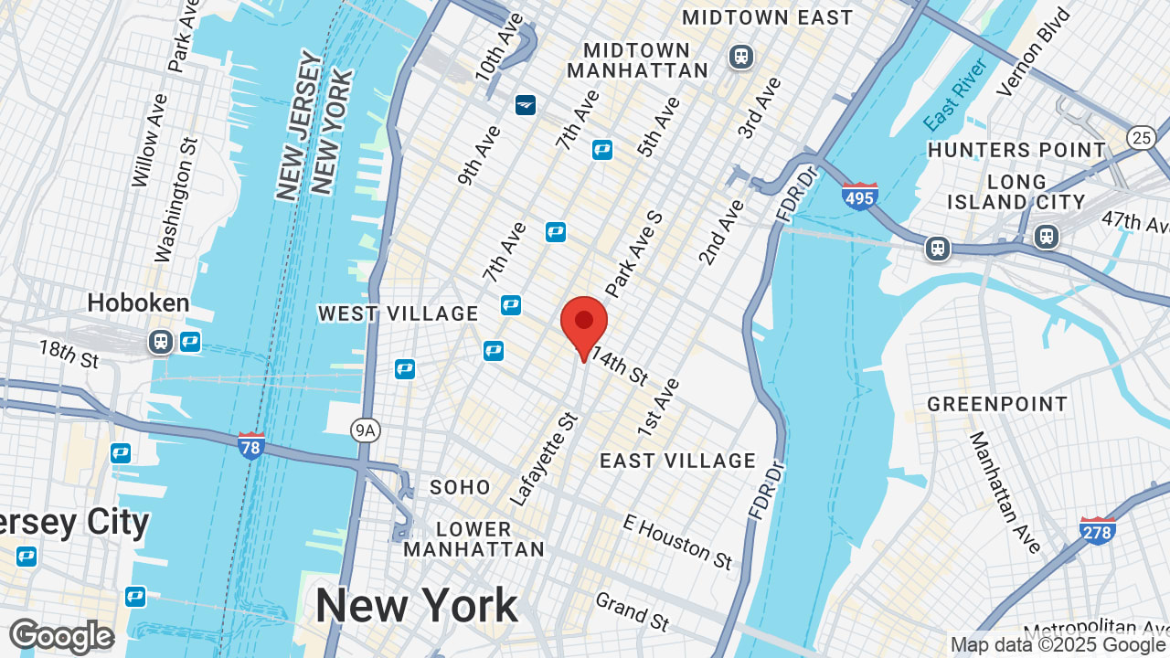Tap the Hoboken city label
138,302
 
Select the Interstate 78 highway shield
251,445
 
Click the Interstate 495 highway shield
859,196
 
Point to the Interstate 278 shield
1097,530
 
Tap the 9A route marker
365,430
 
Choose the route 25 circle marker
1141,138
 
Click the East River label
955,94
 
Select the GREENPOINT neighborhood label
997,404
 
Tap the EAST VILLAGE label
678,461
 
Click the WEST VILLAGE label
399,313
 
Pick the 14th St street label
619,365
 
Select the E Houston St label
677,541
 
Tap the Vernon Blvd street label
1033,52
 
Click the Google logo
61,636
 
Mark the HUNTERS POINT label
1016,150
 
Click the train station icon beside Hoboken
161,342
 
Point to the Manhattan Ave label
1005,493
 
